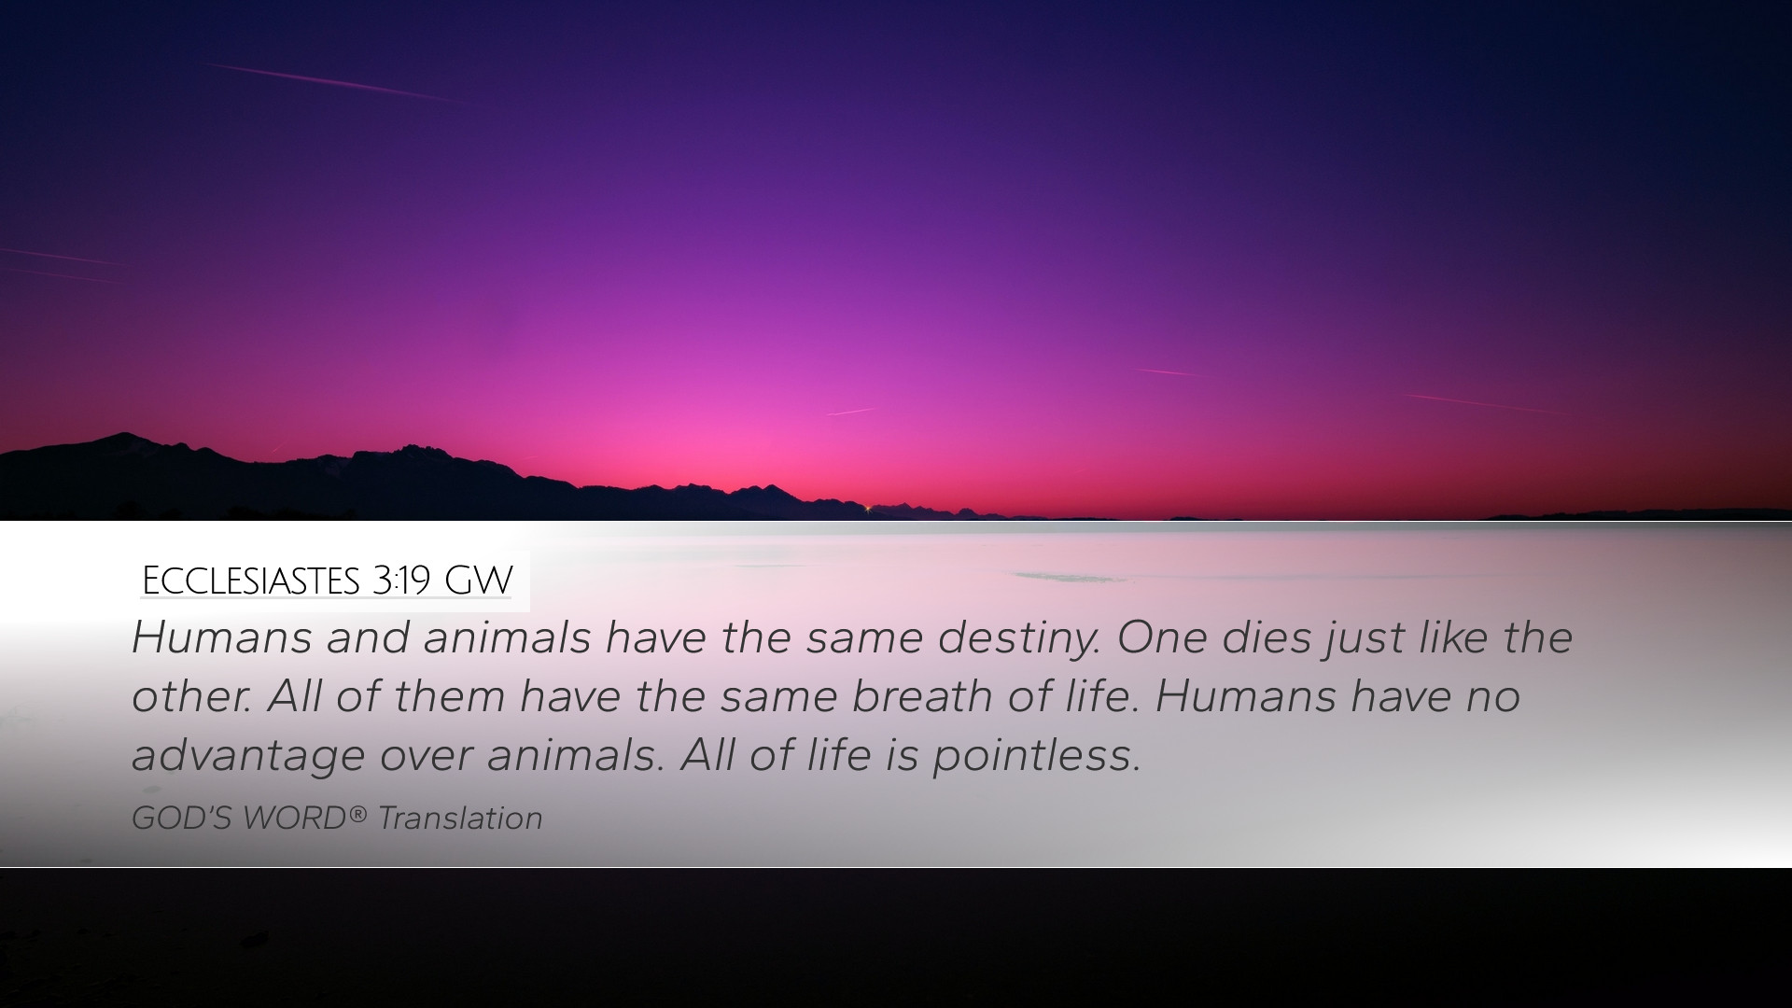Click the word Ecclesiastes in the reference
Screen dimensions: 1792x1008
250,581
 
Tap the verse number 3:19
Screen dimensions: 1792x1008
400,581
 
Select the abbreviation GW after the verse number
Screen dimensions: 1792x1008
478,581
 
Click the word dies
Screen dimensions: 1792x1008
1265,637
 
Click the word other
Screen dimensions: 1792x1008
190,696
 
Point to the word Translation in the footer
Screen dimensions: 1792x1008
460,819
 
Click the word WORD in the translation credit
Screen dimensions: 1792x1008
295,819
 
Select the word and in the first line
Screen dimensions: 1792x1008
368,637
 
